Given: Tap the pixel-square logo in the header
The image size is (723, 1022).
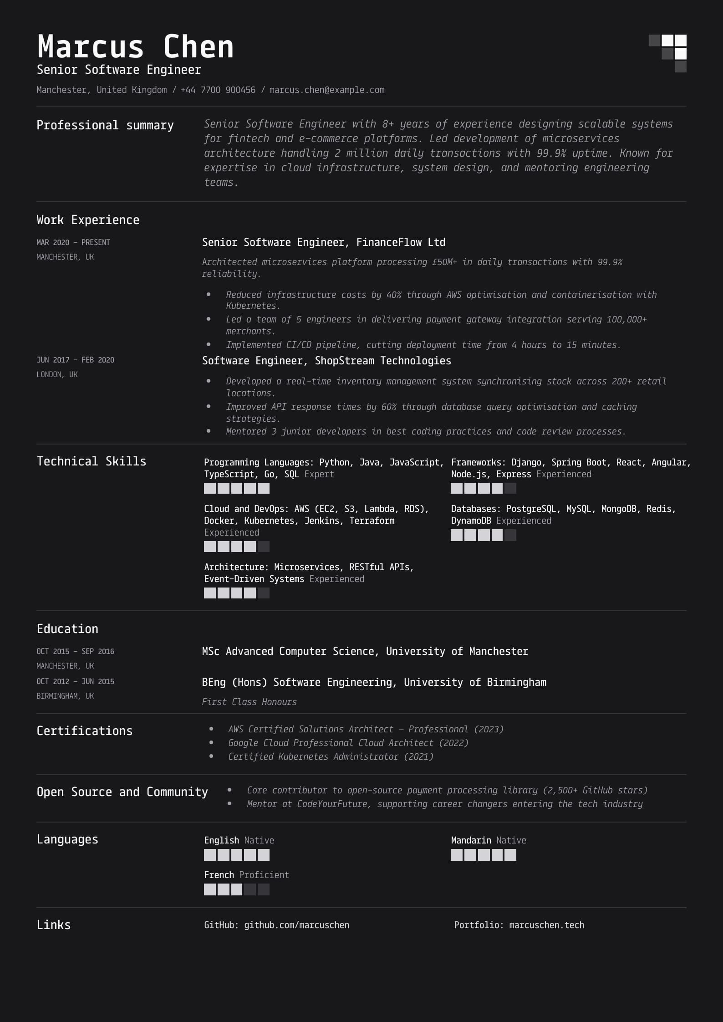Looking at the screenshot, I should tap(667, 53).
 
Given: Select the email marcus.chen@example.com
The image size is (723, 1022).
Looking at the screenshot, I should tap(326, 90).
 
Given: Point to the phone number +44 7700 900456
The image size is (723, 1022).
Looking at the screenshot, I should tap(218, 90).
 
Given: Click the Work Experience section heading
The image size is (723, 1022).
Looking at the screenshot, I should tap(88, 220).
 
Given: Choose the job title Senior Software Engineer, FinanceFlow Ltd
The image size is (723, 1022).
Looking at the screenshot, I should tap(323, 242).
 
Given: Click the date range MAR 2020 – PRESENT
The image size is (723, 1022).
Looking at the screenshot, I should tap(73, 242).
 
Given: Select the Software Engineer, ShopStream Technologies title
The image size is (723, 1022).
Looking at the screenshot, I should tap(326, 361).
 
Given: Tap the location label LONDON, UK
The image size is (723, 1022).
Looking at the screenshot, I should tap(57, 374).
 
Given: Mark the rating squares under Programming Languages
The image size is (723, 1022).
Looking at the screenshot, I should tap(236, 489).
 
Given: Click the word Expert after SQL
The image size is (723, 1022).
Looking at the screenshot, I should tap(319, 474).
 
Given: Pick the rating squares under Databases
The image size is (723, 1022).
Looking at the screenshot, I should tap(483, 535).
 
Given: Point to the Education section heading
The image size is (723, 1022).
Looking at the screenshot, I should tap(67, 629).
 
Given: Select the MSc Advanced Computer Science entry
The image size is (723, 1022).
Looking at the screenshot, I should tap(365, 651).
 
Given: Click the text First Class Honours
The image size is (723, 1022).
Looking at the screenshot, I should tap(249, 702).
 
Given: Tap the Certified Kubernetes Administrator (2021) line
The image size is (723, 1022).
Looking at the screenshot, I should tap(331, 756).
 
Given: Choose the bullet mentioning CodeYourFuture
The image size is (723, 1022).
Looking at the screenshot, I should tap(444, 804).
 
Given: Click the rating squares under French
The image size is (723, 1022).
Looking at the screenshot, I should tap(236, 889).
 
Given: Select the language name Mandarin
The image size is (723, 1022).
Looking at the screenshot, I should tap(471, 840).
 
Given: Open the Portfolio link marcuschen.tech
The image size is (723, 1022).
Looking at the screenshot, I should tap(546, 925).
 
